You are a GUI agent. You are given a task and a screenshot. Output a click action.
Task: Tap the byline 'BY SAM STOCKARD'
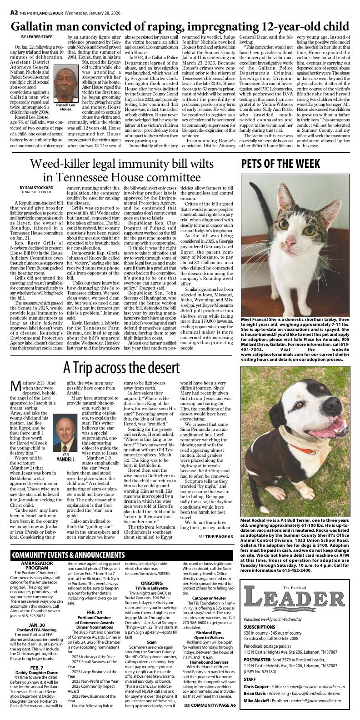pyautogui.click(x=36, y=187)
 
